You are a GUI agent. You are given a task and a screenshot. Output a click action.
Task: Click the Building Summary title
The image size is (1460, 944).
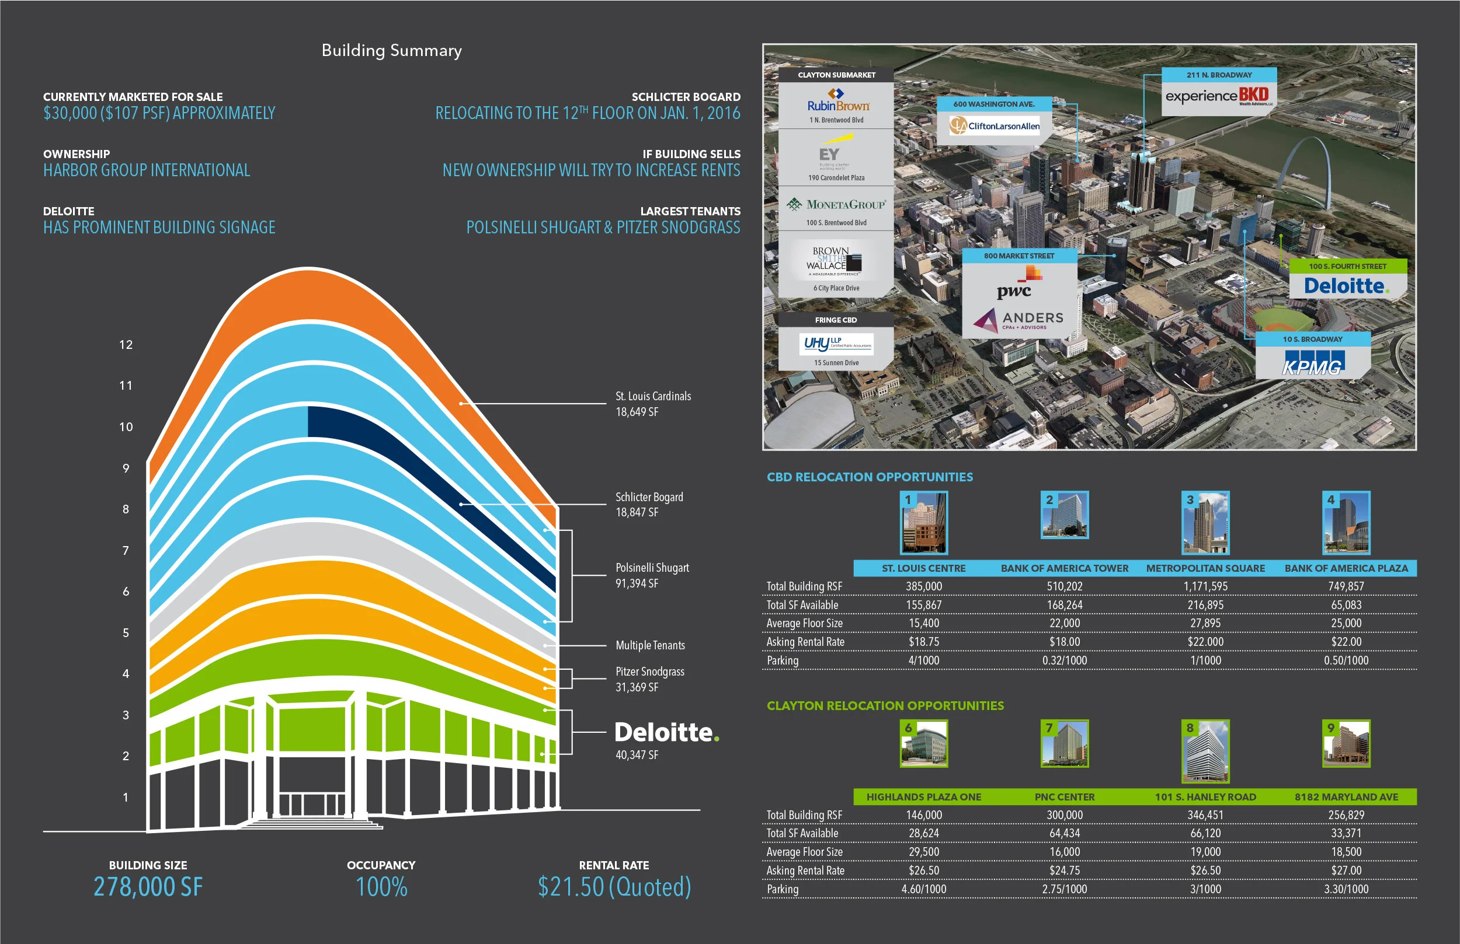pyautogui.click(x=391, y=50)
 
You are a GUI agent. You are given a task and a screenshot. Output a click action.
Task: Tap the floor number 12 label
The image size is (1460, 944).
pyautogui.click(x=126, y=344)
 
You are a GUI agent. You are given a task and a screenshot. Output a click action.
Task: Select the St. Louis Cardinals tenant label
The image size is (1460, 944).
pyautogui.click(x=653, y=397)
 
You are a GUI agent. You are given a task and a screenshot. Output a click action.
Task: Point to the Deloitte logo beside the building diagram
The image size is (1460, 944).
pyautogui.click(x=666, y=733)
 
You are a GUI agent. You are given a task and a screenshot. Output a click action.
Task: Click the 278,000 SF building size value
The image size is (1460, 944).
pyautogui.click(x=148, y=886)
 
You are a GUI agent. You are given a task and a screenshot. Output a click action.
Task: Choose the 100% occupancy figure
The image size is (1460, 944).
pyautogui.click(x=381, y=886)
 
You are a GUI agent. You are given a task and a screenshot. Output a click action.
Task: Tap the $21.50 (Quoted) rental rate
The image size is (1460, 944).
pyautogui.click(x=614, y=886)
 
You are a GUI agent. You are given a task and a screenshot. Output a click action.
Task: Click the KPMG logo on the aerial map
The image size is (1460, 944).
pyautogui.click(x=1312, y=364)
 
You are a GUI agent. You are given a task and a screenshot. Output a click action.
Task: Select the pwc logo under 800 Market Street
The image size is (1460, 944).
pyautogui.click(x=1013, y=290)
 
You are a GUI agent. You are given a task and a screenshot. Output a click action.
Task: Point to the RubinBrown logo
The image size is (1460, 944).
pyautogui.click(x=837, y=104)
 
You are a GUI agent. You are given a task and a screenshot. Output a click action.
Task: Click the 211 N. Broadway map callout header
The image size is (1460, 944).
pyautogui.click(x=1218, y=75)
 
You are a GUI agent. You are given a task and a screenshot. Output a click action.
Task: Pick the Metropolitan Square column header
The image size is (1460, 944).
pyautogui.click(x=1205, y=568)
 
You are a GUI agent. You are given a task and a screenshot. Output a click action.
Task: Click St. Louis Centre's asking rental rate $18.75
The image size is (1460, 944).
pyautogui.click(x=923, y=642)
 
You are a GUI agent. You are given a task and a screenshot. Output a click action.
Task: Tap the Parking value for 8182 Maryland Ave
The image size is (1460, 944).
pyautogui.click(x=1346, y=889)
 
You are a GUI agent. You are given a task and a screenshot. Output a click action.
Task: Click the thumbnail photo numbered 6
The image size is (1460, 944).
pyautogui.click(x=923, y=743)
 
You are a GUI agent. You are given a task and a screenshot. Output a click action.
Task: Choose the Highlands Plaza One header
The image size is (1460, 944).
pyautogui.click(x=923, y=797)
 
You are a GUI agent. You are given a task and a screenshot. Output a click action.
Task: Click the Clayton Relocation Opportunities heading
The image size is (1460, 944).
pyautogui.click(x=885, y=705)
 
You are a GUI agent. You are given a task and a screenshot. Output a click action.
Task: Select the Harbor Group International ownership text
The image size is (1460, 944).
pyautogui.click(x=147, y=170)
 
